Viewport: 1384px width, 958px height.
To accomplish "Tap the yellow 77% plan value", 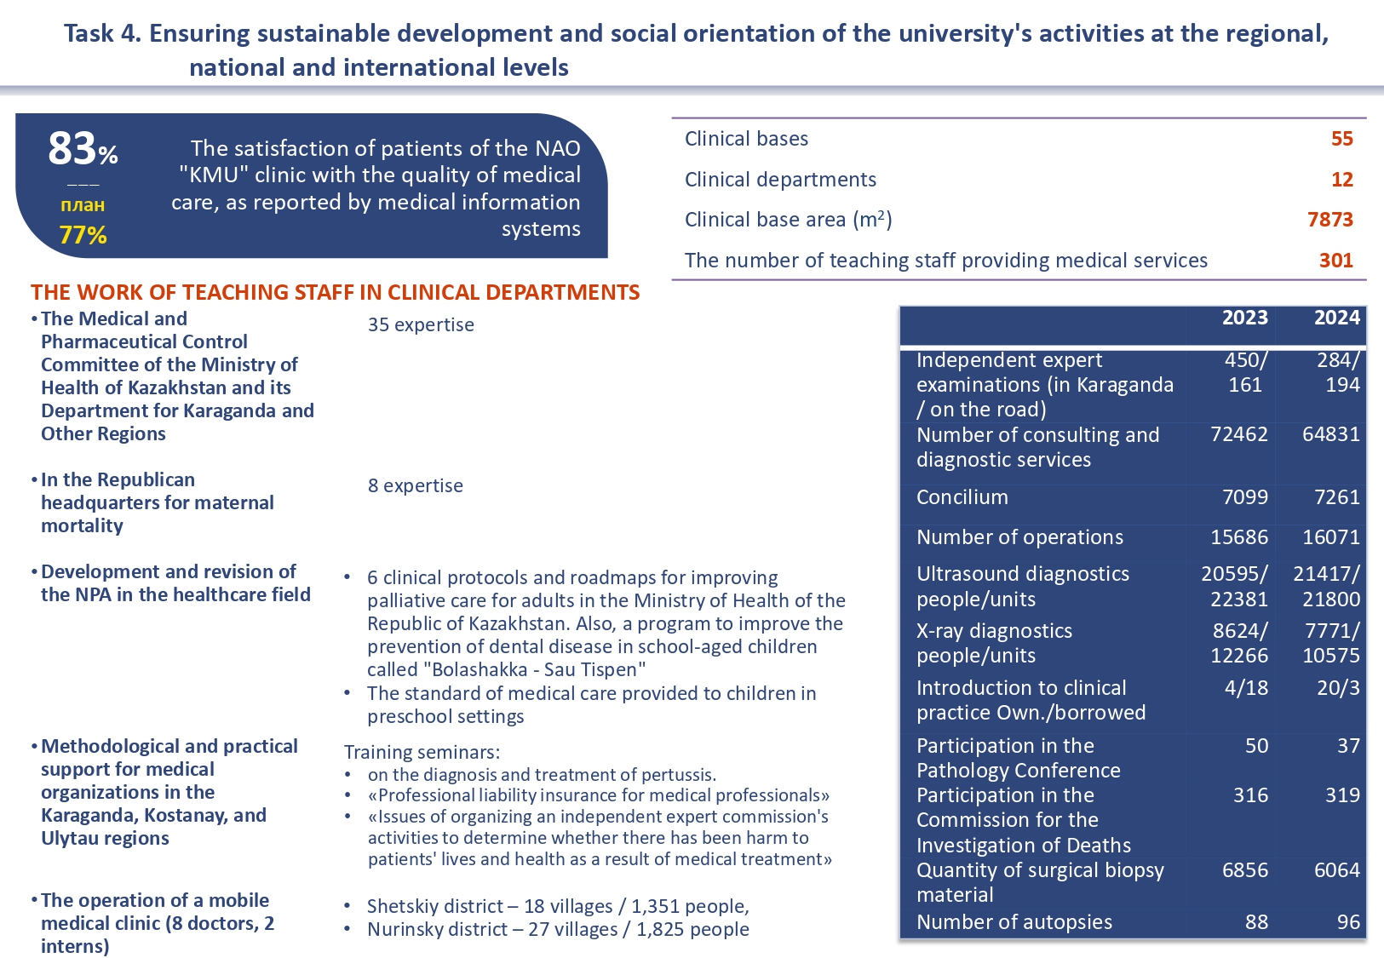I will click(83, 235).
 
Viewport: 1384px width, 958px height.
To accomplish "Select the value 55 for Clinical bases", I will click(1341, 139).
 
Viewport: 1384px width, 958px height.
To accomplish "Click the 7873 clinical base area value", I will click(1329, 220).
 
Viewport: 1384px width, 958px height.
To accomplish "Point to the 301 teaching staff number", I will click(1335, 261).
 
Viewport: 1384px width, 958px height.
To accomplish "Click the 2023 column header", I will click(1244, 318).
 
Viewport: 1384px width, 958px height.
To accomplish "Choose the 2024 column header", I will click(1336, 318).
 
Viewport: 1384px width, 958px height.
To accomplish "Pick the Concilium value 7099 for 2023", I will click(1244, 497).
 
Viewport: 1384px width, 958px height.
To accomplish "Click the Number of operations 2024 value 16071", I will click(1330, 537).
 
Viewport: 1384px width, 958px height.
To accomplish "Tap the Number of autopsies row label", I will click(1014, 922).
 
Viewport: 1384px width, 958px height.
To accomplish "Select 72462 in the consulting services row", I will click(1238, 434).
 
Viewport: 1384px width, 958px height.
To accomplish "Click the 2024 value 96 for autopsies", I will click(1347, 922).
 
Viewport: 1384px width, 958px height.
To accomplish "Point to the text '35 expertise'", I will click(421, 325).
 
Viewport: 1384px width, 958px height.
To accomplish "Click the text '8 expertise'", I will click(416, 486).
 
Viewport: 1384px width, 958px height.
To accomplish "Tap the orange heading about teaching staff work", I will click(335, 293).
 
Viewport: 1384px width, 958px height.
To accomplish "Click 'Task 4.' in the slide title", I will click(102, 34).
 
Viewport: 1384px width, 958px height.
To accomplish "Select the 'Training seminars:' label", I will click(422, 753).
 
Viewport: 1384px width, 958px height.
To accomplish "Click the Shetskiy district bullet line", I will click(558, 907).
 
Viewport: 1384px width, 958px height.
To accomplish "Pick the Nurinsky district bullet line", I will click(558, 930).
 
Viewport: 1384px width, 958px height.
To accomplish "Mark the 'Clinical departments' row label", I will click(780, 180).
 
